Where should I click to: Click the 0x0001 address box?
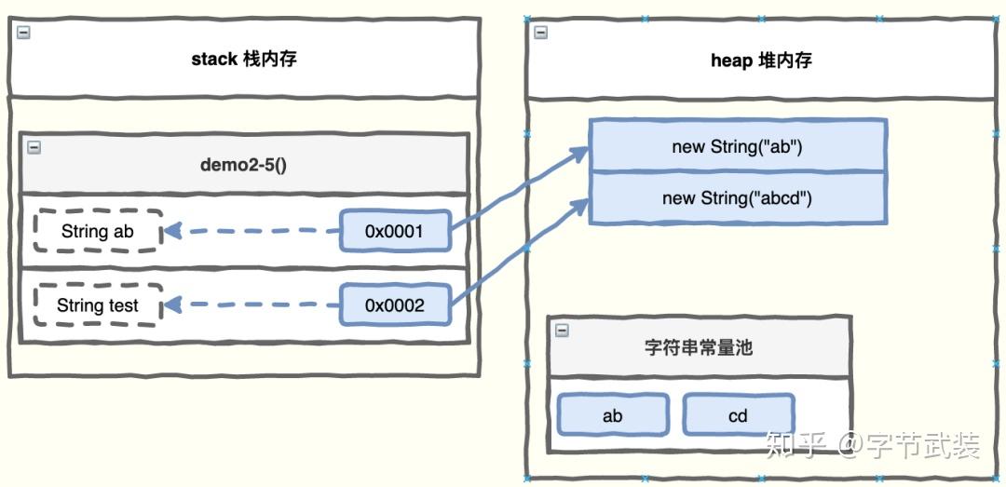point(396,231)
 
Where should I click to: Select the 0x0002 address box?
point(396,305)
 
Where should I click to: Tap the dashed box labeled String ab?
point(98,232)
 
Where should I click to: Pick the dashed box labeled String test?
point(98,305)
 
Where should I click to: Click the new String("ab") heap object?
point(737,146)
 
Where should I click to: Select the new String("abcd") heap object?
point(737,197)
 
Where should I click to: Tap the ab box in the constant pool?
point(613,415)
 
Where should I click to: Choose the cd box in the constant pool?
point(738,415)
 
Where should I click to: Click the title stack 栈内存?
point(244,60)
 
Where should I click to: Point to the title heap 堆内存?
point(761,61)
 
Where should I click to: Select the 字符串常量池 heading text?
point(699,347)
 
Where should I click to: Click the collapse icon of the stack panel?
point(23,32)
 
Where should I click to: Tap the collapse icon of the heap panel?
point(540,32)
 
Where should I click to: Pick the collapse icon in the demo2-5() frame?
point(34,146)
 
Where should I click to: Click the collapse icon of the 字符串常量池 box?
point(561,330)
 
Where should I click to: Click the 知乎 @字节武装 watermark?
point(872,446)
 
